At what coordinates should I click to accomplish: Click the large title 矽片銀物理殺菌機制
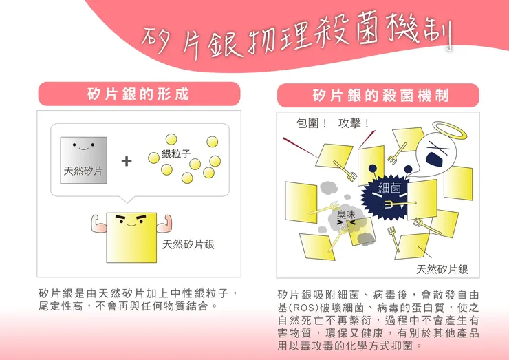point(296,36)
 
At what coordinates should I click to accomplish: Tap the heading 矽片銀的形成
point(139,94)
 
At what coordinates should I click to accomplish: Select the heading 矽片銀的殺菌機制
point(380,96)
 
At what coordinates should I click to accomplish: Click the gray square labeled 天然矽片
point(84,160)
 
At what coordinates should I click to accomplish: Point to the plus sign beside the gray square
point(127,161)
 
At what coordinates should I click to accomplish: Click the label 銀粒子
point(176,153)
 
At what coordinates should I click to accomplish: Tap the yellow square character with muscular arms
point(131,237)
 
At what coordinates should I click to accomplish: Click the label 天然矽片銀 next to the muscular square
point(188,244)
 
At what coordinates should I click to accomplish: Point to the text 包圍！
point(312,123)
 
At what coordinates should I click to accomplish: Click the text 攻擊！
point(354,123)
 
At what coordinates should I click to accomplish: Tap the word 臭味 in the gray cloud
point(346,214)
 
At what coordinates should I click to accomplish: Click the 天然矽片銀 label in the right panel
point(442,269)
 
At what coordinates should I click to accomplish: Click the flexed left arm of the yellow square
point(98,224)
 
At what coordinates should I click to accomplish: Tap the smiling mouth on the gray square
point(83,149)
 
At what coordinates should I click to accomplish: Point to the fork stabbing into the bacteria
point(400,204)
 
